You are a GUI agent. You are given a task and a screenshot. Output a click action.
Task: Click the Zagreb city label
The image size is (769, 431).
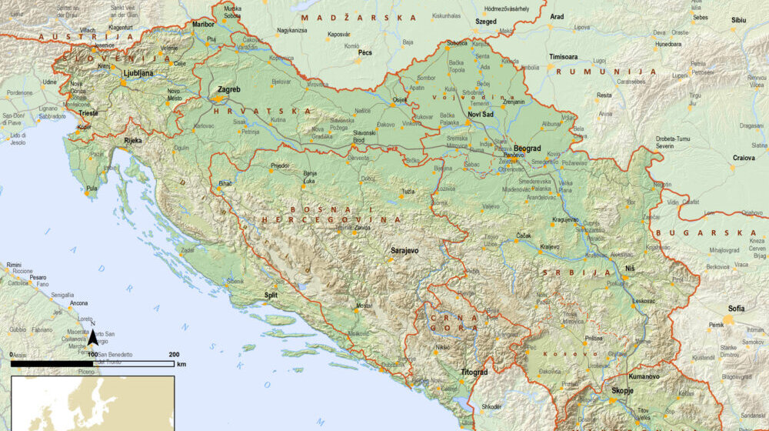[229, 90]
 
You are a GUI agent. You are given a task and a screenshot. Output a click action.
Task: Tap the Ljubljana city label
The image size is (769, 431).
[138, 73]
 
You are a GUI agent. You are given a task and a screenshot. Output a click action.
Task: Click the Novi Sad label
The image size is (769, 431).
[481, 114]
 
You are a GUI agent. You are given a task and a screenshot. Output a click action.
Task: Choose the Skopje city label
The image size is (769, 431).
[622, 391]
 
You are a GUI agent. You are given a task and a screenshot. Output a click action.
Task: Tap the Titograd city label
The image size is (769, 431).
[474, 373]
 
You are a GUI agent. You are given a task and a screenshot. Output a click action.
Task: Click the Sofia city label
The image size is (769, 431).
[736, 309]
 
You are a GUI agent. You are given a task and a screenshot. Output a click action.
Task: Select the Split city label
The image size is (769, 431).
[271, 295]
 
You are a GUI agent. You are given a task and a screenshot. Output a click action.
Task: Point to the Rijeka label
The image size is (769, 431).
[132, 141]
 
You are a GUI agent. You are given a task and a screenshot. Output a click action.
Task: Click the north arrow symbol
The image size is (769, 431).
[92, 336]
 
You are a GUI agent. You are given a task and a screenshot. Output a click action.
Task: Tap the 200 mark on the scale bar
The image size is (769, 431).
[174, 354]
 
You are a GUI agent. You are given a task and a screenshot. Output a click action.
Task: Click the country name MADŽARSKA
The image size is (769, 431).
[359, 17]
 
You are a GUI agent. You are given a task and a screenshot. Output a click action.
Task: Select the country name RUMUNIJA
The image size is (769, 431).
[624, 72]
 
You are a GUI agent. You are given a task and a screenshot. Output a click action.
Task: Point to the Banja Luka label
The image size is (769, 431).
[310, 178]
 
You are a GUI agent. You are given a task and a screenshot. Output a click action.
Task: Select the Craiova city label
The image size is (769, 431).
[743, 157]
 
